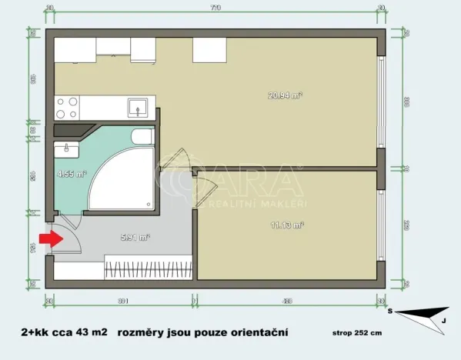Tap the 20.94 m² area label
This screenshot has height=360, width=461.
[x=284, y=95]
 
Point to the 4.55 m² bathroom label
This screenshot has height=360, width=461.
[x=72, y=173]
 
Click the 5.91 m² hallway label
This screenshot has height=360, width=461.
[x=136, y=237]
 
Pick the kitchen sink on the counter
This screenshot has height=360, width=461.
[x=140, y=105]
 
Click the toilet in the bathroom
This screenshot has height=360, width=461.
[x=143, y=138]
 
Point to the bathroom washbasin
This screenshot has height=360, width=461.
[x=67, y=146]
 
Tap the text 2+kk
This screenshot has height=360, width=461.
[x=38, y=332]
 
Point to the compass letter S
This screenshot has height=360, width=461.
[x=391, y=311]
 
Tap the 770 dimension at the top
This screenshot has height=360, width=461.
[x=215, y=8]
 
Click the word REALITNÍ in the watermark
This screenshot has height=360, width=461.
[x=227, y=204]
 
